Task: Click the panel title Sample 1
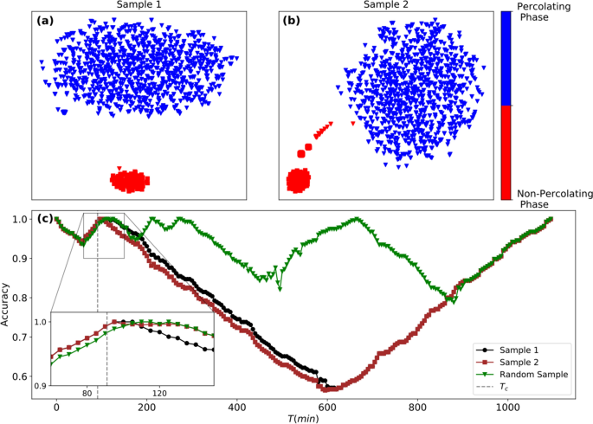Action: pos(142,5)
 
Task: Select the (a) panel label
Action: pos(45,21)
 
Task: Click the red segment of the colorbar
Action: pos(506,152)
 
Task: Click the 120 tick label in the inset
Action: pos(159,393)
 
